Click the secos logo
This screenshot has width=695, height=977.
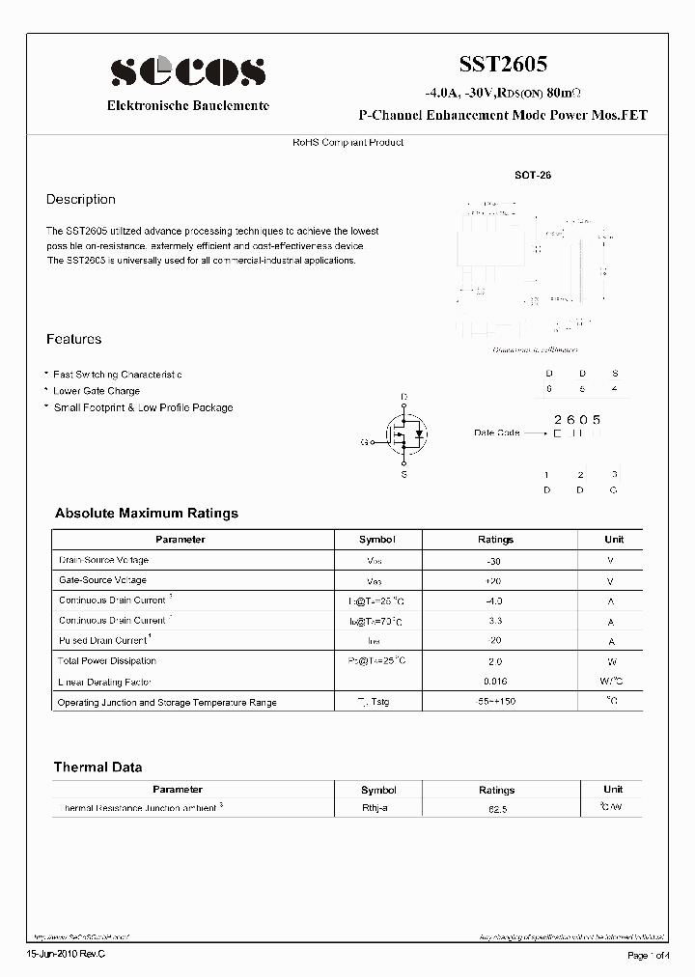(187, 71)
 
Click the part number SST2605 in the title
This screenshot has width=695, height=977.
(502, 65)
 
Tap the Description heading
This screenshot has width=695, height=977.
(81, 200)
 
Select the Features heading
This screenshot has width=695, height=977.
(73, 340)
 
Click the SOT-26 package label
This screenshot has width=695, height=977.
(532, 177)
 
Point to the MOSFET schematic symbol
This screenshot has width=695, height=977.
(404, 435)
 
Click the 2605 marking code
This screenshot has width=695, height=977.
(577, 419)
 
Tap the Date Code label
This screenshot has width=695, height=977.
(497, 433)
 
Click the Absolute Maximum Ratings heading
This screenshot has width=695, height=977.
(146, 514)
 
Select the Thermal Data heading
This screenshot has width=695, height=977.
(97, 768)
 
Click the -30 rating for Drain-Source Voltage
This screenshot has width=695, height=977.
(495, 561)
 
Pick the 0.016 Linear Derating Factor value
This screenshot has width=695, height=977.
(495, 682)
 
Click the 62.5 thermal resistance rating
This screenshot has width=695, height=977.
(495, 808)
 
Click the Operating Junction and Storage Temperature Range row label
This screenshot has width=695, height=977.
(167, 702)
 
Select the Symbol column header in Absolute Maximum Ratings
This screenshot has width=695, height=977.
(377, 540)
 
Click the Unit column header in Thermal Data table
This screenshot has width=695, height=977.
(613, 789)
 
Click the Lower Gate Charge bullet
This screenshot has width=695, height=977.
(96, 391)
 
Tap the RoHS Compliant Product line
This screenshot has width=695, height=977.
(347, 143)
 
